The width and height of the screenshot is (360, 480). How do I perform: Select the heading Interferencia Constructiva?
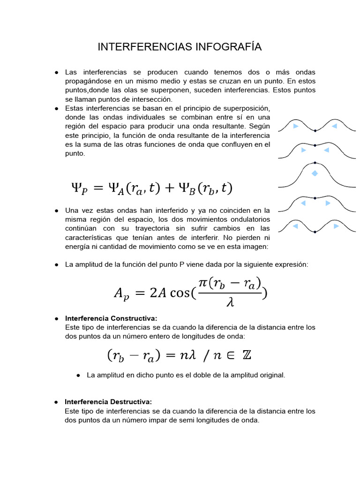click(x=111, y=319)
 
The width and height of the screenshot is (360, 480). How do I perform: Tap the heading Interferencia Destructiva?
click(x=108, y=402)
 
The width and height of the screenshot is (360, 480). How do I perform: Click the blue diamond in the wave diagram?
click(x=315, y=173)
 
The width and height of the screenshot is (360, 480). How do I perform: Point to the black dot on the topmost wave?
click(x=315, y=130)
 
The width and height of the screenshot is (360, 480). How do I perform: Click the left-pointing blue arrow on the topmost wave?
click(x=334, y=127)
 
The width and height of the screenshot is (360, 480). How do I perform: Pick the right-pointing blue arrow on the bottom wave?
click(x=336, y=226)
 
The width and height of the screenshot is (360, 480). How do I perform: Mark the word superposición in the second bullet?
click(x=247, y=108)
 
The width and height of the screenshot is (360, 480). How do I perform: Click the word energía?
click(x=78, y=247)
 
